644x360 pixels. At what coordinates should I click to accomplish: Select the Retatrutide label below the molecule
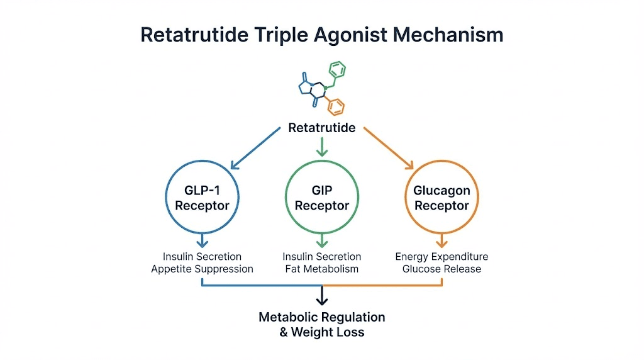[x=321, y=128]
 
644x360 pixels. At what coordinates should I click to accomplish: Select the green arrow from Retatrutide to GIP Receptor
[x=322, y=147]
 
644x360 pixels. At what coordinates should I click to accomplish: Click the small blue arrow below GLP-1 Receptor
[x=202, y=240]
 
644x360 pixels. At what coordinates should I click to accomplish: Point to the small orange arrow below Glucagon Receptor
[x=441, y=240]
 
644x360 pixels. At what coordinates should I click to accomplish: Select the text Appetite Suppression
[x=202, y=269]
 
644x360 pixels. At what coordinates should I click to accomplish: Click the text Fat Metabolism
[x=322, y=269]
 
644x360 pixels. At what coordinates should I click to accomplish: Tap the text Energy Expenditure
[x=441, y=257]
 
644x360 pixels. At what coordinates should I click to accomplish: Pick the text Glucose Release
[x=441, y=269]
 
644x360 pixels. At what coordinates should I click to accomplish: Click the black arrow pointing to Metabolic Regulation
[x=322, y=295]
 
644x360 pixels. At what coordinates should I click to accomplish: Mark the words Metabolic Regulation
[x=322, y=317]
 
